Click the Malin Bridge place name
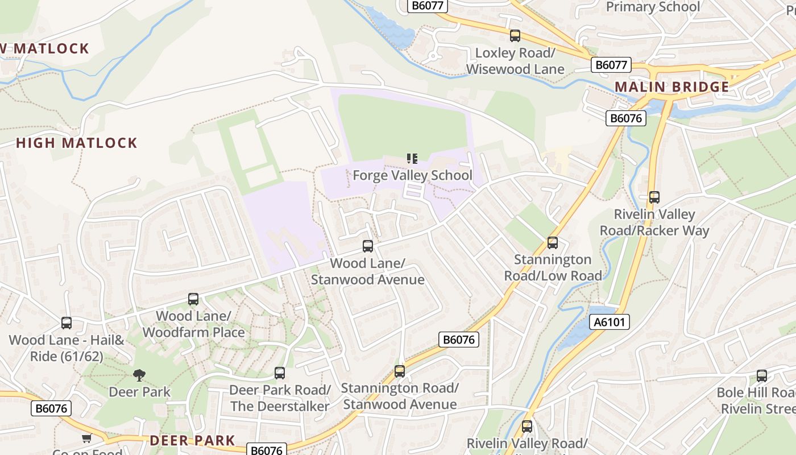[672, 87]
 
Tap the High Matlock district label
[77, 143]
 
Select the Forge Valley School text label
[412, 175]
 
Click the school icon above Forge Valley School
[412, 159]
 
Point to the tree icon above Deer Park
[139, 375]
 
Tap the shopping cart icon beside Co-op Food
[86, 439]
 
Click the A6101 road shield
[609, 322]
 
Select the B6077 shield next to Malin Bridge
[611, 65]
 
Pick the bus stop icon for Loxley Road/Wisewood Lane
[515, 36]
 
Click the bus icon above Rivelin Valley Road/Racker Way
[654, 197]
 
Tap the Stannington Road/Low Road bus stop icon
[553, 243]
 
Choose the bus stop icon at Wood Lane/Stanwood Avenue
[368, 246]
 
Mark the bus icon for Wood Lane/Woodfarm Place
[193, 299]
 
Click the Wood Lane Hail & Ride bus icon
[67, 323]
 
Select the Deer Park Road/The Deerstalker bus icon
[280, 373]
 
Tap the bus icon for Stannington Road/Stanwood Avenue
[400, 371]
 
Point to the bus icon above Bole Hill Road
[762, 376]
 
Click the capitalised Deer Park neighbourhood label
[192, 441]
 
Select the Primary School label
[653, 7]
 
